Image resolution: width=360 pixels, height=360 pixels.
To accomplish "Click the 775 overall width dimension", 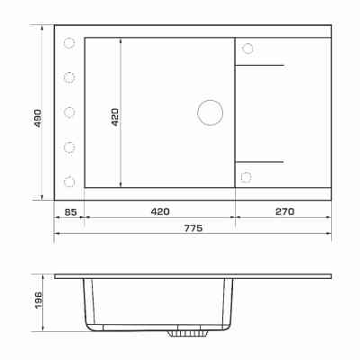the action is (x=193, y=229).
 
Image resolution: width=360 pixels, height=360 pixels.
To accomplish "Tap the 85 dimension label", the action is (x=71, y=212).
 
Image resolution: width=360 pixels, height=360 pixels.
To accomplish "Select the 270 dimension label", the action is (x=284, y=211).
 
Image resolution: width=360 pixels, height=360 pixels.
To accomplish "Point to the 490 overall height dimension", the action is (x=38, y=118).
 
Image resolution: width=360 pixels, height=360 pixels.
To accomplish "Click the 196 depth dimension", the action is (x=38, y=301).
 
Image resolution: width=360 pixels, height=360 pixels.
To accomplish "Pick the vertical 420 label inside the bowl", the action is (x=115, y=117).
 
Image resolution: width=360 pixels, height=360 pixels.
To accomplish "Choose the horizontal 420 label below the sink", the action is (x=160, y=211).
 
